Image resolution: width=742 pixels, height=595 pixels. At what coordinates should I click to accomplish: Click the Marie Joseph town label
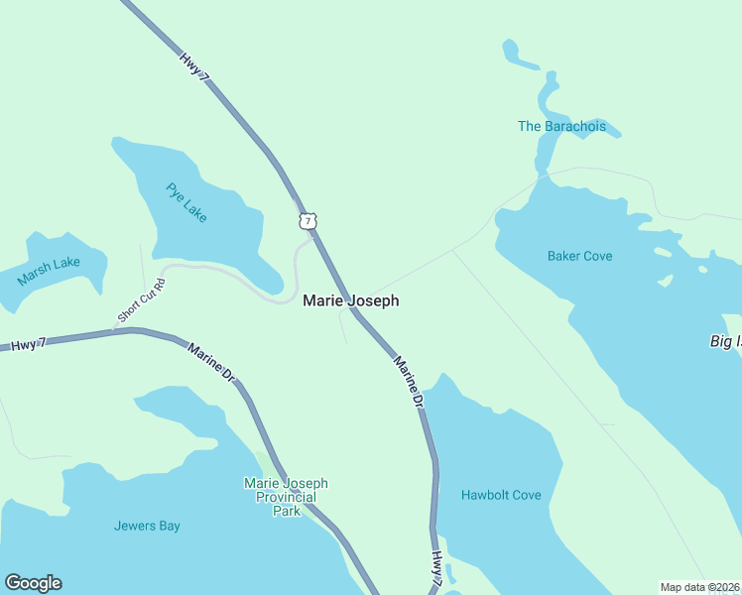coord(351,300)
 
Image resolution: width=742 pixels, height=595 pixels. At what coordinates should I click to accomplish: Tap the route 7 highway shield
coord(309,219)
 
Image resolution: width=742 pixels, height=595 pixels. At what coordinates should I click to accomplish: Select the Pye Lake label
coord(186,202)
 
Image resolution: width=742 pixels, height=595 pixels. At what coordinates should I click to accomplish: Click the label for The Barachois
coord(561,126)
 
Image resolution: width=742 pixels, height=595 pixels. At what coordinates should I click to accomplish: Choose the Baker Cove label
coord(579,256)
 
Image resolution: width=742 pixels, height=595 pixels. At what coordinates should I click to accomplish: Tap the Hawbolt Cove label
coord(501,495)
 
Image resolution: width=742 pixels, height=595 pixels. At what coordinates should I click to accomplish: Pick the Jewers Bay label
coord(147,526)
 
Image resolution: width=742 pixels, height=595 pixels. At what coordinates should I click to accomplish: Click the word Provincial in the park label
coord(286,497)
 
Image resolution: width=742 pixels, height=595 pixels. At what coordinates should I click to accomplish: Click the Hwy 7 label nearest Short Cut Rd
coord(29,344)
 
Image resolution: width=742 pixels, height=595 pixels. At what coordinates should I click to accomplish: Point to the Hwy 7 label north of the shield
coord(195,66)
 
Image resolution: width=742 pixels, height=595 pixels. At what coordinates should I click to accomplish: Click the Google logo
coord(33,583)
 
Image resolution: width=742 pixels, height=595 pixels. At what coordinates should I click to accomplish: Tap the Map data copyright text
coord(699,587)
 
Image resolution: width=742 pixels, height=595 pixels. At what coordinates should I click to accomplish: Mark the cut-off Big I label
coord(725,341)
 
